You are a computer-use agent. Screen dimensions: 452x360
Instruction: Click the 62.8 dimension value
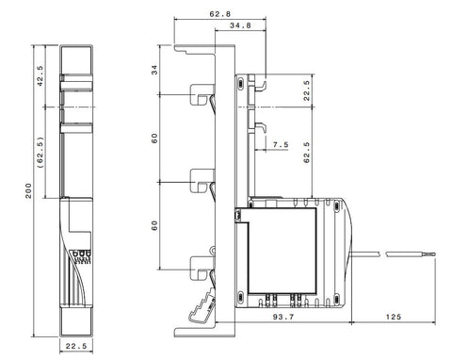219,14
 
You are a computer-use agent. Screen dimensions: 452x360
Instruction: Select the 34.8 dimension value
240,25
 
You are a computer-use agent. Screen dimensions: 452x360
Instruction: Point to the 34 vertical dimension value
154,70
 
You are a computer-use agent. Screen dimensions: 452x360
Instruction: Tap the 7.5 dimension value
281,145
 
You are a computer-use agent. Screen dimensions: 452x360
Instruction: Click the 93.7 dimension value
283,317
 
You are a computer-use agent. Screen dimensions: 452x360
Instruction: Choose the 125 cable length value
394,317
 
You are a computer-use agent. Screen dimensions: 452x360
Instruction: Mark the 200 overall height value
28,190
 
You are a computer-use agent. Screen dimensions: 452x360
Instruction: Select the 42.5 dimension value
40,76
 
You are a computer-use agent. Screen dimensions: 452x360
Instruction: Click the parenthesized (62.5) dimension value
40,153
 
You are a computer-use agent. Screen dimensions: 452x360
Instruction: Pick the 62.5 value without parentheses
307,153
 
